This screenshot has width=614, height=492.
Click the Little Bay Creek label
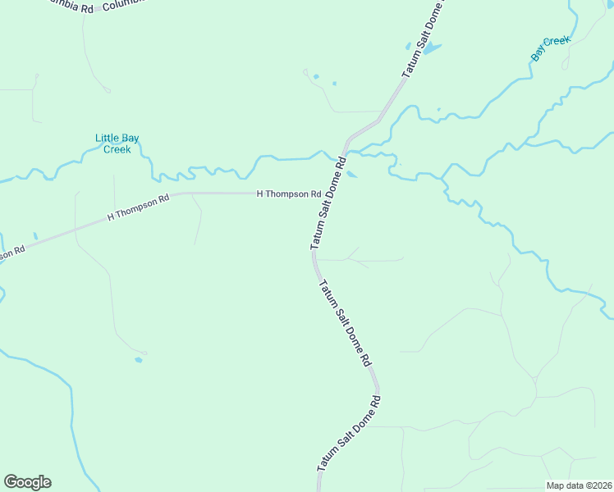(113, 143)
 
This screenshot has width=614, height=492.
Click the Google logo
(27, 482)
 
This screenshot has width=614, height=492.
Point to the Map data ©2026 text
(579, 485)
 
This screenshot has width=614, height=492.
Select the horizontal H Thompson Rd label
(288, 194)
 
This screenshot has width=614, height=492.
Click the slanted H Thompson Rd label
(138, 207)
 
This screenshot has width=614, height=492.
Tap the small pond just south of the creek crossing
(351, 174)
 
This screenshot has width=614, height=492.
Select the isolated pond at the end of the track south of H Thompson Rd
(139, 359)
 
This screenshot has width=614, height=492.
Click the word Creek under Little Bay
(117, 149)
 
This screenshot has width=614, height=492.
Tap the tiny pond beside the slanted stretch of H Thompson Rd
(35, 236)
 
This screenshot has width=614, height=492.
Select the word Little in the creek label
(106, 138)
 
